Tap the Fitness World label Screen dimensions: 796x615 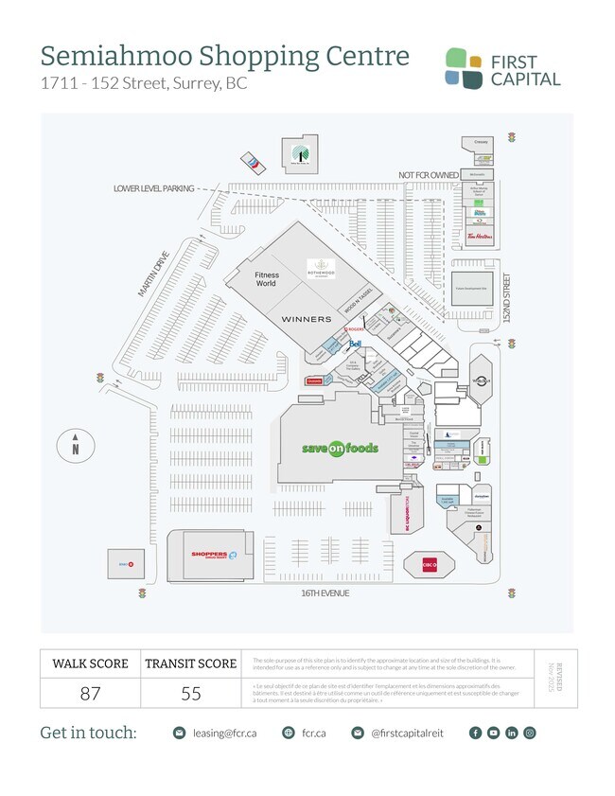[x=266, y=279]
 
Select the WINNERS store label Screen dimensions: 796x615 [x=307, y=319]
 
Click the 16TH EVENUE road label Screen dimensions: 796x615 [x=319, y=593]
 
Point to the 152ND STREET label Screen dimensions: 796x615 [x=506, y=298]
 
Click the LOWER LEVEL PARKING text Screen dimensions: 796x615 [x=153, y=188]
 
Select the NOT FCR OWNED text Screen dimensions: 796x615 [x=429, y=176]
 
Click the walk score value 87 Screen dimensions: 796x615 [x=90, y=693]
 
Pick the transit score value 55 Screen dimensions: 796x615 [x=191, y=693]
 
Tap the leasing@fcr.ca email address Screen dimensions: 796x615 [x=225, y=733]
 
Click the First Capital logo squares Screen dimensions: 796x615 [x=464, y=67]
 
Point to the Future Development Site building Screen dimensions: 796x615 [x=470, y=288]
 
